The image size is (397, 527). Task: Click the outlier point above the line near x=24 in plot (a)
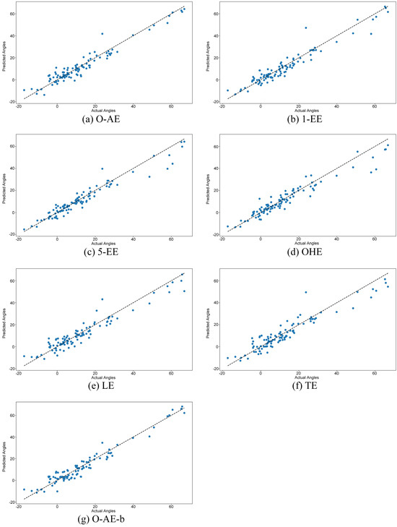pos(102,33)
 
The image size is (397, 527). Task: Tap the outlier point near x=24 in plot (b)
pos(306,27)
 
